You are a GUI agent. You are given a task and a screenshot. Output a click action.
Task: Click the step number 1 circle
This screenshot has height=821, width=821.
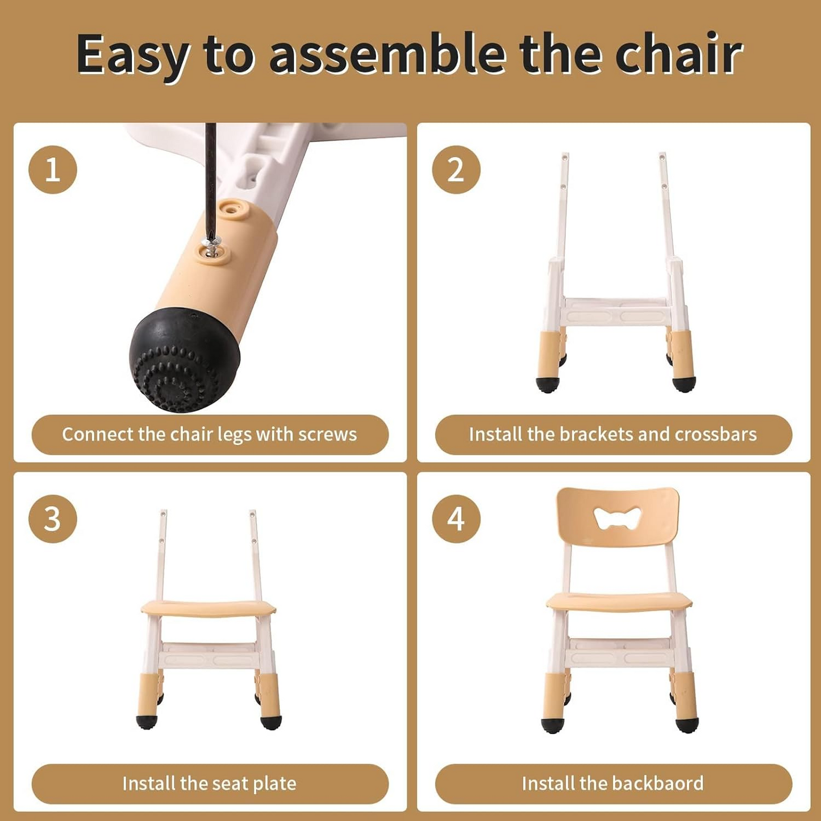pos(53,169)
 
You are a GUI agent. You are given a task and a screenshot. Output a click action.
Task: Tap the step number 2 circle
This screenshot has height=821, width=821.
pos(456,169)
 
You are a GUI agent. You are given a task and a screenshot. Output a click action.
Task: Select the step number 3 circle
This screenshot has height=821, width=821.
pos(53,519)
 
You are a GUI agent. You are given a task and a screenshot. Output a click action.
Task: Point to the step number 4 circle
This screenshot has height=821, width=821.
pos(456,519)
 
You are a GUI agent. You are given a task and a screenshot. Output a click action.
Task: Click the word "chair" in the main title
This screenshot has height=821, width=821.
pos(679,55)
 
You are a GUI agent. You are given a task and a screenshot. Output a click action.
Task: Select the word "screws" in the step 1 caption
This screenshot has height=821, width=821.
pos(328,435)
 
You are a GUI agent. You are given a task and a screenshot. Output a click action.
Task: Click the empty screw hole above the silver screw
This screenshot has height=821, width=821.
pos(230,209)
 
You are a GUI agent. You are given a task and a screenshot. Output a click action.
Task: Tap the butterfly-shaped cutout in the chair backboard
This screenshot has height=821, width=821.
pos(617,518)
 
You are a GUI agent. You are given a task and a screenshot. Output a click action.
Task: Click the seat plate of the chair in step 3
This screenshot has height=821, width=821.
pos(209,609)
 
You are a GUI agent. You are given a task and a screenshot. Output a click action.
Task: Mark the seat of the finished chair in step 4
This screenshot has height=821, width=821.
pos(619,601)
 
